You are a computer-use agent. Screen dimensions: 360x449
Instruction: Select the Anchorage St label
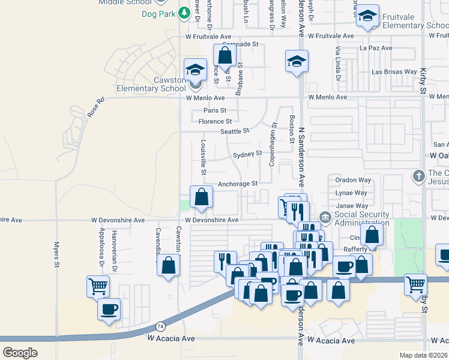click(x=238, y=184)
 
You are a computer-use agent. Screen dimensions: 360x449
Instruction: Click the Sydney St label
click(x=247, y=154)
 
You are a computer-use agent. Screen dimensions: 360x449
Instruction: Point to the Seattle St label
click(x=234, y=131)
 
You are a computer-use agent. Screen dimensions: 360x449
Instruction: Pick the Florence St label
click(x=215, y=121)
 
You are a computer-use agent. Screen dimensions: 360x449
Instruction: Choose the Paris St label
click(x=215, y=110)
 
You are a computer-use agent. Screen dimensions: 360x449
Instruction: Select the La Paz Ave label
click(x=375, y=48)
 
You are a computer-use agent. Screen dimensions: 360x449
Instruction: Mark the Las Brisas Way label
click(x=394, y=71)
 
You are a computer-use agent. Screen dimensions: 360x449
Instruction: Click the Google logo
click(x=20, y=352)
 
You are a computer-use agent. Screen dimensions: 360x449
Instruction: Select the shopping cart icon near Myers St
click(x=98, y=286)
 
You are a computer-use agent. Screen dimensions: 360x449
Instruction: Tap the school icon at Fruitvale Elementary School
click(x=367, y=16)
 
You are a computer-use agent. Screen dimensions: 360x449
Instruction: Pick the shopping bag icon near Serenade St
click(x=224, y=55)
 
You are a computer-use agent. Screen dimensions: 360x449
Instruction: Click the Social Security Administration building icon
click(x=325, y=216)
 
